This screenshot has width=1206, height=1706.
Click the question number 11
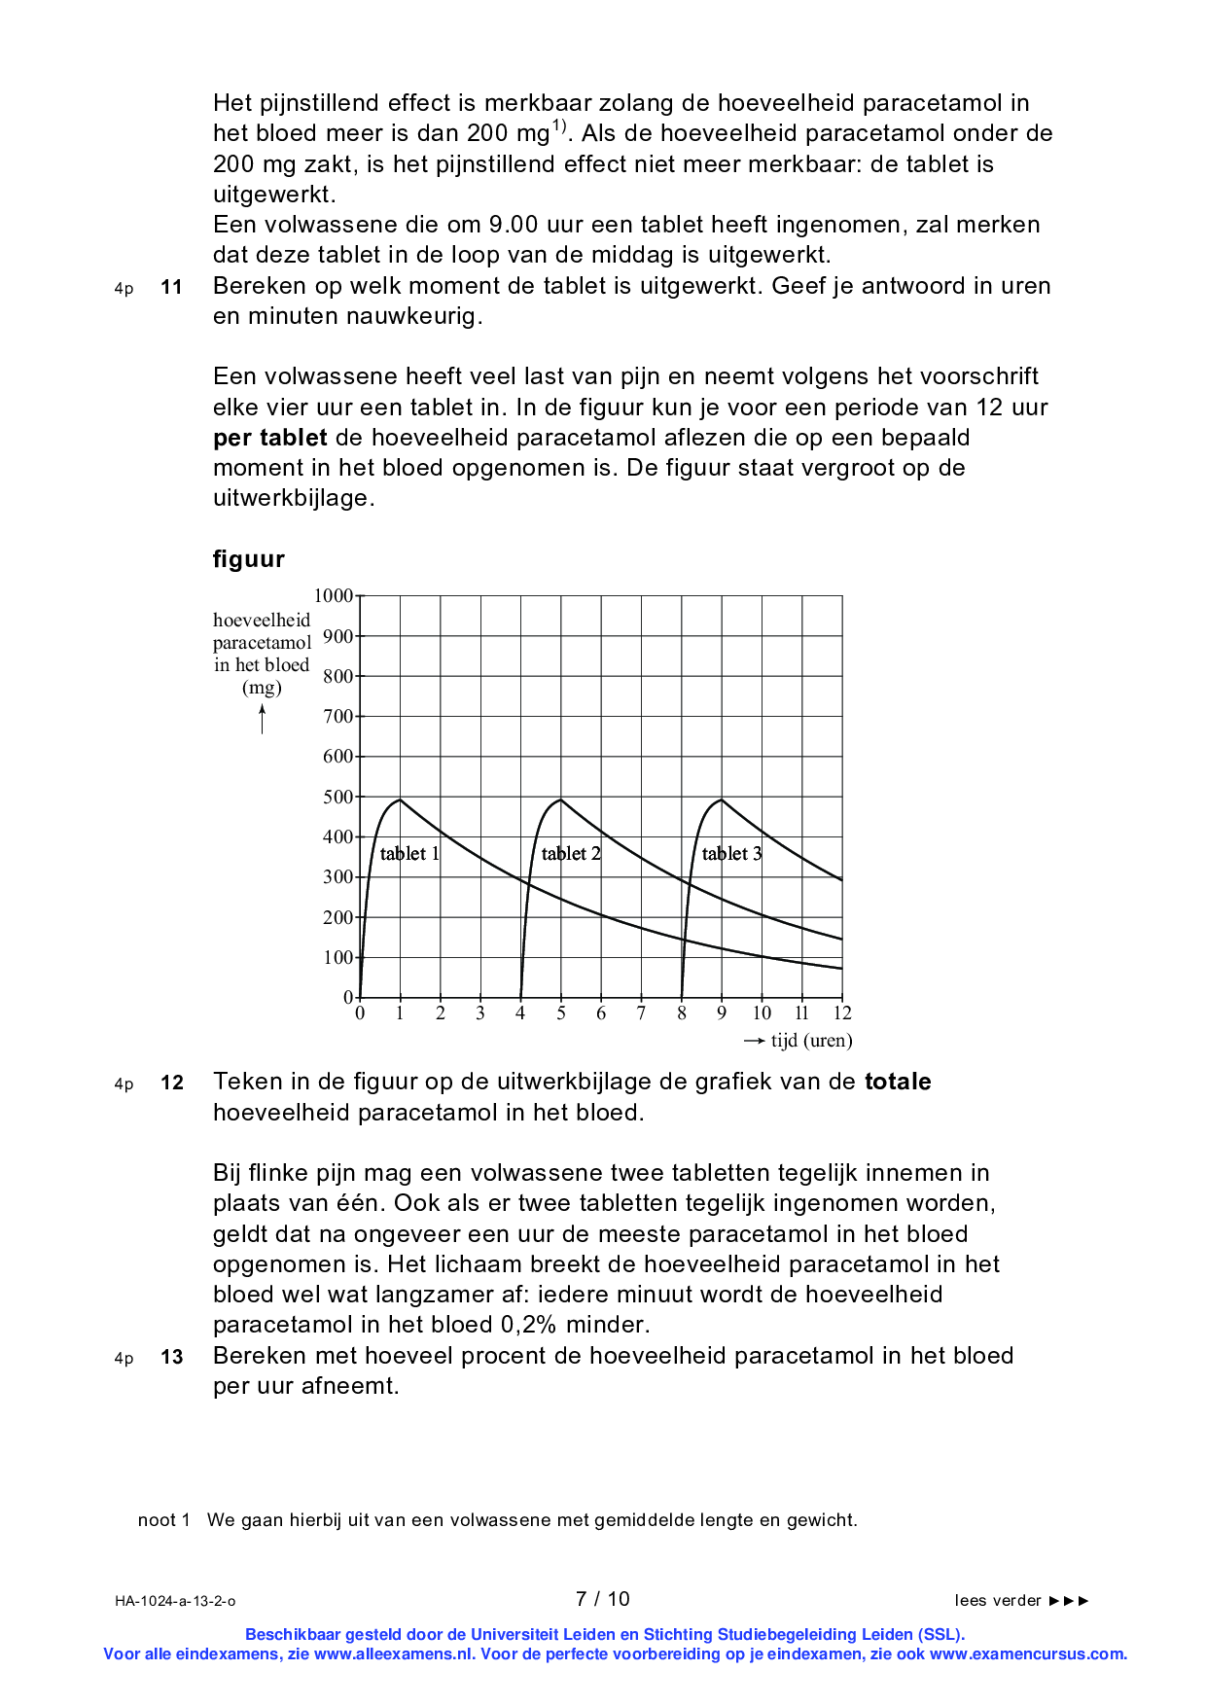point(171,287)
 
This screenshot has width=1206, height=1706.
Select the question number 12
point(171,1083)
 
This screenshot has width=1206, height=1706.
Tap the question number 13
point(171,1357)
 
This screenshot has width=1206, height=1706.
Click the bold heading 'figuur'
point(249,559)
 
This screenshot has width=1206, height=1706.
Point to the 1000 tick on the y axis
point(334,595)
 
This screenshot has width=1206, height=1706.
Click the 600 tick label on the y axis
point(337,757)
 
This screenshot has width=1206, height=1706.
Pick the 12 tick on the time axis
point(842,1013)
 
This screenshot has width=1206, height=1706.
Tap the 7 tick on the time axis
point(641,1013)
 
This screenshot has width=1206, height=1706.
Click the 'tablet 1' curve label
point(409,854)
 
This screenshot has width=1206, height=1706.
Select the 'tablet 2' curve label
point(571,854)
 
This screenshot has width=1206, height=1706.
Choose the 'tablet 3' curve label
point(731,854)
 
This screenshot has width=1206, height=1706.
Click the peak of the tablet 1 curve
point(400,800)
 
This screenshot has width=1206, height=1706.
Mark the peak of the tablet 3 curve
point(721,800)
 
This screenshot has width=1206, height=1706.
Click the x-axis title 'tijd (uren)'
point(811,1041)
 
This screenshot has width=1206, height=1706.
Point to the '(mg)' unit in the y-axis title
point(262,688)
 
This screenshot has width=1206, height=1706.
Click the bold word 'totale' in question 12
point(898,1083)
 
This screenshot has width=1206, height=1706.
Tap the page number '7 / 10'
point(603,1599)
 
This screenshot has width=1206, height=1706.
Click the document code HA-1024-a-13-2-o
point(175,1601)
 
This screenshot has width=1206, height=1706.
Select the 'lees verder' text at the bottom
point(998,1601)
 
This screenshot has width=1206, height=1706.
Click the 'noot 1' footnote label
point(163,1520)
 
